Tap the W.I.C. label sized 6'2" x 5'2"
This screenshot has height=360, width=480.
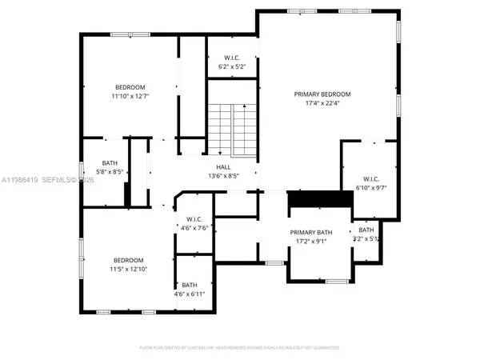pos(232,57)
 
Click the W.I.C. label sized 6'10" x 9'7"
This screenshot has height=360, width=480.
pos(370,178)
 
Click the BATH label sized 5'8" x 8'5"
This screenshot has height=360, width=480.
pos(109,162)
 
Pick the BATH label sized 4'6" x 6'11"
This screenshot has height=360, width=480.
pos(190,285)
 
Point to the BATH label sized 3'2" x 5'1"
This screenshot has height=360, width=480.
pos(366,230)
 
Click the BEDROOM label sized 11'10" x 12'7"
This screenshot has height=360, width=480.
pos(130,87)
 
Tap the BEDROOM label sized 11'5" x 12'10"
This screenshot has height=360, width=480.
pos(128,260)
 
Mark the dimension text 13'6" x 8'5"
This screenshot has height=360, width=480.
pos(223,176)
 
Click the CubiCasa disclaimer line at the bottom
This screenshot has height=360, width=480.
pos(239,348)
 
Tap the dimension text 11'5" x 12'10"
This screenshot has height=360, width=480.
pos(128,270)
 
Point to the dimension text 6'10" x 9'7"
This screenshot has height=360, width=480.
pos(370,187)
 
